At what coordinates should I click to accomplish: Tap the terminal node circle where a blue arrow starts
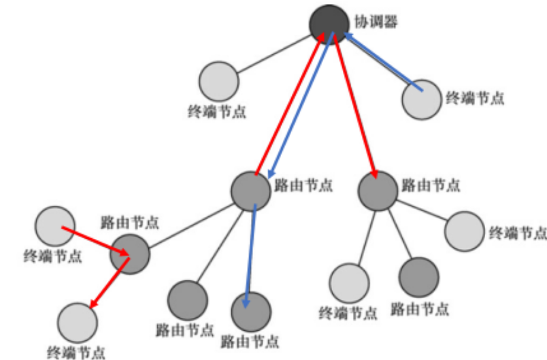coord(422,99)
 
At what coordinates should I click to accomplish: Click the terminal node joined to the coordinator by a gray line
coord(219,81)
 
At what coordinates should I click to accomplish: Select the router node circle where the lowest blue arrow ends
coord(251,312)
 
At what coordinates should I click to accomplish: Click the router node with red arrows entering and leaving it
coord(129,254)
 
